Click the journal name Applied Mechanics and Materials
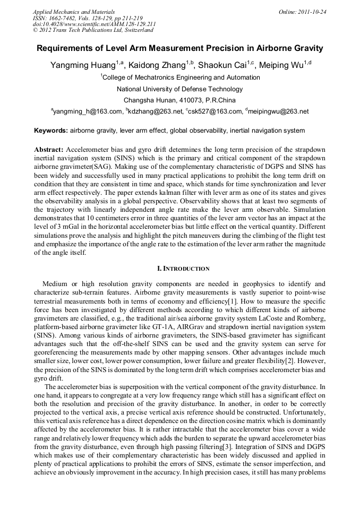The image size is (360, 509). pos(67,12)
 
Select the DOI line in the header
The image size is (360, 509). pos(94,24)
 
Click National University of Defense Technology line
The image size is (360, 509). pos(179,89)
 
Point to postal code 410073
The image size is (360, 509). pos(186,100)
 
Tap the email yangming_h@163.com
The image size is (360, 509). pos(88,112)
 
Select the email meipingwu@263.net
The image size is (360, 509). pos(278,112)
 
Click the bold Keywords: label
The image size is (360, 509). pos(51,131)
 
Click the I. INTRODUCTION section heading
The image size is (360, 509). pos(179,269)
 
